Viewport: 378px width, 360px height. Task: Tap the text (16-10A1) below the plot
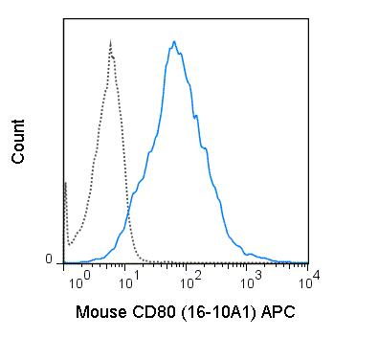tap(212, 311)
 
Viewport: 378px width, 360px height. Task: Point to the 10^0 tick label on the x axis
tap(78, 279)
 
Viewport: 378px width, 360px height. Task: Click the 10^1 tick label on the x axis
tap(136, 279)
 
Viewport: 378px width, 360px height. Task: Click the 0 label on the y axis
tap(49, 260)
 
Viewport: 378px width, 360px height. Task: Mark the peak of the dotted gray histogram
tap(111, 41)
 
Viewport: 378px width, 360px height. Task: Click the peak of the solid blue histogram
tap(173, 41)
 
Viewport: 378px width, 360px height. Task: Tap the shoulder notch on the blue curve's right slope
tap(196, 116)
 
